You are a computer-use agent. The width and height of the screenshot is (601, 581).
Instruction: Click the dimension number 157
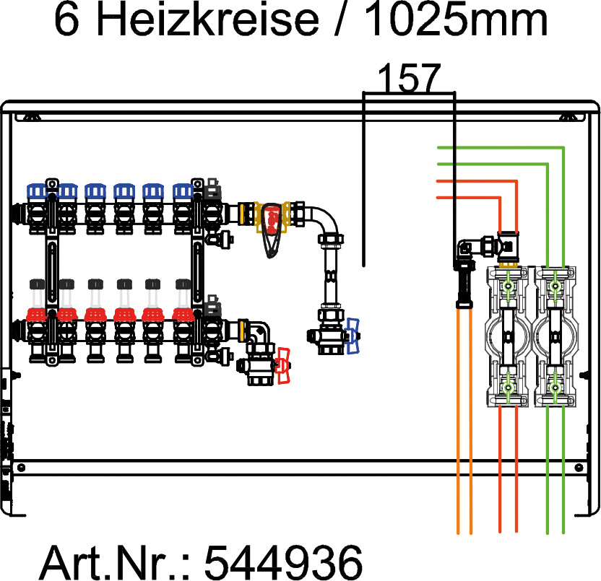(x=409, y=78)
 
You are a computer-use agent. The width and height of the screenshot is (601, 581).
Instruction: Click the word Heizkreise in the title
(x=207, y=19)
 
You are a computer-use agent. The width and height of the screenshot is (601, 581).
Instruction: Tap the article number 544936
(x=284, y=562)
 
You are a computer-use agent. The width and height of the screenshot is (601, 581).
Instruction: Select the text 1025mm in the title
(x=456, y=19)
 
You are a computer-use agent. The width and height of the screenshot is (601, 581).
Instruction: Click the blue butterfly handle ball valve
(x=353, y=336)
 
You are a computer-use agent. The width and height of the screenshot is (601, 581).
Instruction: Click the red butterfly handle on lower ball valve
(x=284, y=365)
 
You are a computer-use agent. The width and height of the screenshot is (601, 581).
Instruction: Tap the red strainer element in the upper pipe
(x=272, y=219)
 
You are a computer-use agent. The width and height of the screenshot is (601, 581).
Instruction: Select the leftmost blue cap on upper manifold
(x=36, y=191)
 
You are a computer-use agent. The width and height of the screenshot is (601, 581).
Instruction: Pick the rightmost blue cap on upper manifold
(x=183, y=191)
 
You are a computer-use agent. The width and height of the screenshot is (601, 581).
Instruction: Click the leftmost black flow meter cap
(x=37, y=284)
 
